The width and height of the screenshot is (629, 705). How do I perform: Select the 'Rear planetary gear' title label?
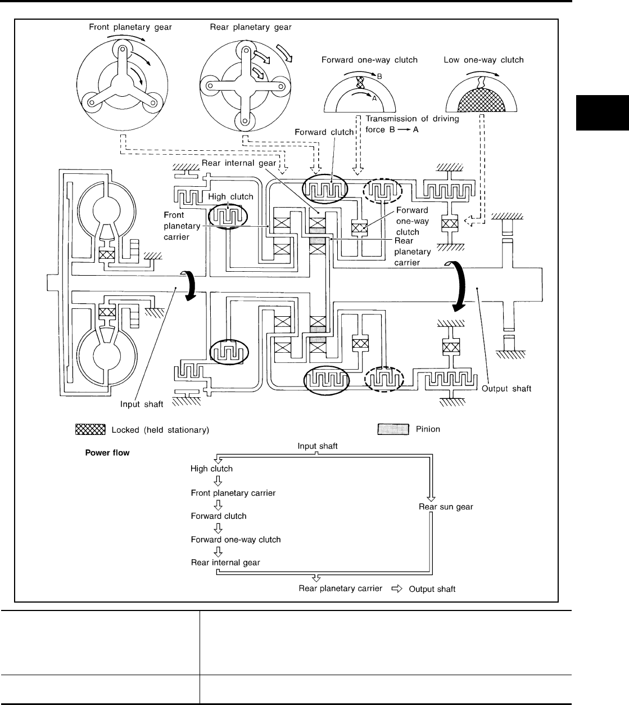(x=251, y=26)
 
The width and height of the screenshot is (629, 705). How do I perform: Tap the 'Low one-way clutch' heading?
(x=483, y=60)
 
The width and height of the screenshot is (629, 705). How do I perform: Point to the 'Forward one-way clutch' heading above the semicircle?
(x=369, y=60)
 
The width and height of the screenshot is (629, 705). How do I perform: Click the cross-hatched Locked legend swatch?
(x=90, y=430)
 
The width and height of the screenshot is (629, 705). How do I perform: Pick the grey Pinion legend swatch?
(x=392, y=429)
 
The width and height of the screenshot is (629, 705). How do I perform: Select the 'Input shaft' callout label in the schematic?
(x=142, y=403)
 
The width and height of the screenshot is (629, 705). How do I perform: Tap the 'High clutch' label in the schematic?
(x=230, y=197)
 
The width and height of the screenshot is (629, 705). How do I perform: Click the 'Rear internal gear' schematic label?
(x=238, y=163)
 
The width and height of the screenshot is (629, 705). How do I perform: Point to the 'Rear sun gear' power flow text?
(x=446, y=506)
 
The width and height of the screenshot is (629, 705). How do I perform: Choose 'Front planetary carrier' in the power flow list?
(x=233, y=493)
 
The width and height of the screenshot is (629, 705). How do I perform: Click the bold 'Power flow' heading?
(x=107, y=452)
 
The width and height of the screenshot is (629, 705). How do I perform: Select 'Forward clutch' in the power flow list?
(x=218, y=516)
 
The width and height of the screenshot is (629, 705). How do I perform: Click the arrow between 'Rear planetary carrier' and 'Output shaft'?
(x=397, y=589)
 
